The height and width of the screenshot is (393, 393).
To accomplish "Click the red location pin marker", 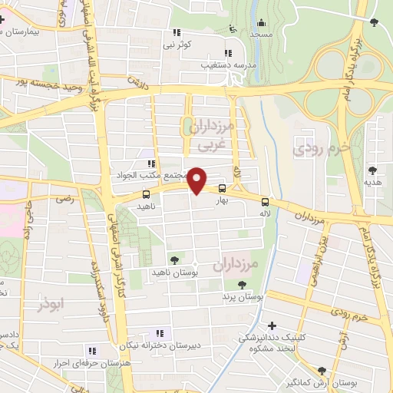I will (197, 180).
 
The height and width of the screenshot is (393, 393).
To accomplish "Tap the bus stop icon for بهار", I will (223, 189).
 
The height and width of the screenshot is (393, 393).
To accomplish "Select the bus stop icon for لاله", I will (265, 196).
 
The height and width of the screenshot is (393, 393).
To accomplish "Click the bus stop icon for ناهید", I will (146, 195).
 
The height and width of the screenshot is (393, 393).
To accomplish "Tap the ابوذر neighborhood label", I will (52, 305).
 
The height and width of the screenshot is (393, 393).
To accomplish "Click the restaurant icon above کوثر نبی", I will (177, 33).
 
